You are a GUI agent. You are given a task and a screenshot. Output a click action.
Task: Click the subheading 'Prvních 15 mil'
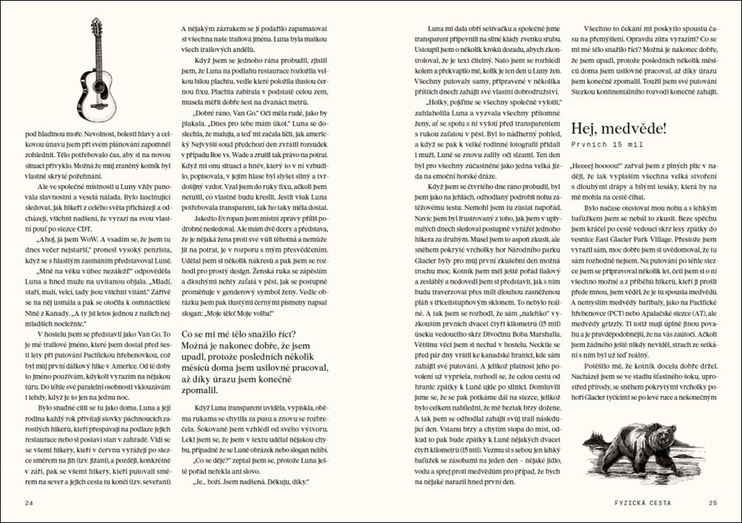tap(604, 146)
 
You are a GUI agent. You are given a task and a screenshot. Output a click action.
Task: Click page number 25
tap(713, 503)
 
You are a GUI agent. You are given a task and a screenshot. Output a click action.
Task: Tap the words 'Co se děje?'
tap(210, 461)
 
